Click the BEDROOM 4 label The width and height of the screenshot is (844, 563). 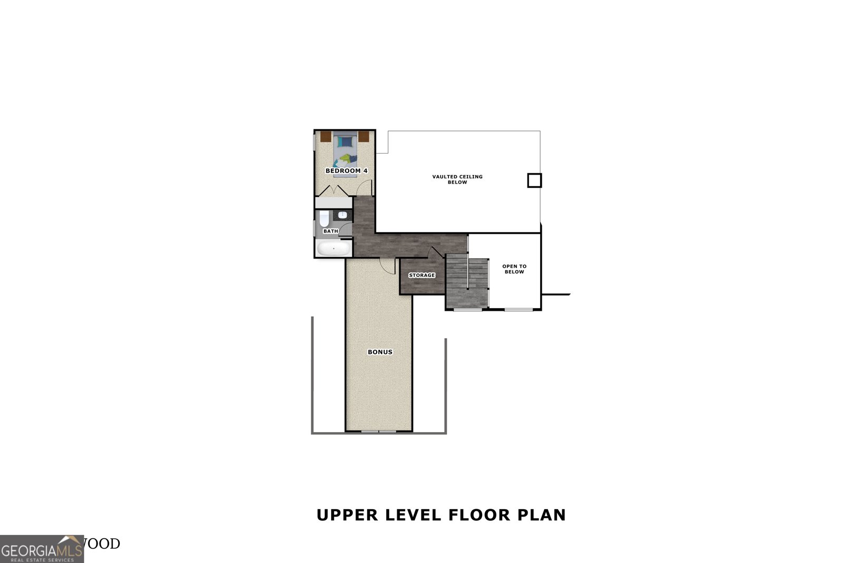[346, 171]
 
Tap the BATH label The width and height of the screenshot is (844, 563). [331, 231]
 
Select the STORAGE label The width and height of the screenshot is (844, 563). [422, 275]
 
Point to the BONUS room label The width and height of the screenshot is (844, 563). [380, 352]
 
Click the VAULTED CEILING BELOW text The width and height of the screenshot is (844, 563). [457, 179]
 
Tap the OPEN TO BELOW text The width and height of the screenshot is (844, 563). [514, 269]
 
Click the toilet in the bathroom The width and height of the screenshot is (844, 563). [324, 218]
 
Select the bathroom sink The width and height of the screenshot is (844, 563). [342, 215]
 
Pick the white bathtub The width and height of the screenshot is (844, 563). [333, 249]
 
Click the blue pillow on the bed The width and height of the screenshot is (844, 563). [345, 141]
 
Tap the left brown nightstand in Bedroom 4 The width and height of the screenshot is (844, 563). [325, 136]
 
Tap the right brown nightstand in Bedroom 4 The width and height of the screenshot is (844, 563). [364, 136]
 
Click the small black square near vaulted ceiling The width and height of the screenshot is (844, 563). [534, 180]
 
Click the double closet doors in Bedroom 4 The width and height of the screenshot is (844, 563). [334, 190]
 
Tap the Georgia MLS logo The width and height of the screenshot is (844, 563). [42, 549]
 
